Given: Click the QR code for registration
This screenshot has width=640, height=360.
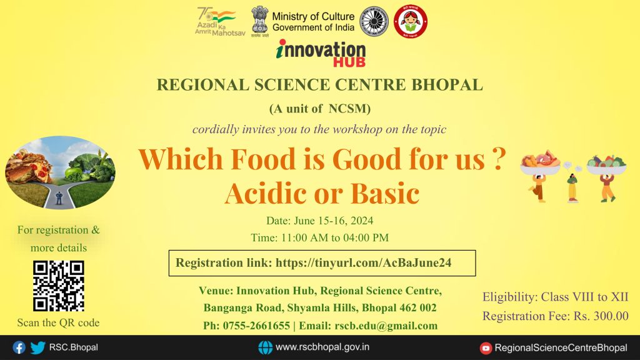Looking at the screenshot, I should [x=58, y=285].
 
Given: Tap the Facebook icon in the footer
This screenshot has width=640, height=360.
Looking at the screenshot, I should [x=19, y=347].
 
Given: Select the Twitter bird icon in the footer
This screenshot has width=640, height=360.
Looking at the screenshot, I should [x=37, y=347].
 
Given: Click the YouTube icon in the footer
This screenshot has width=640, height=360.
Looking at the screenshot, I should [x=486, y=347].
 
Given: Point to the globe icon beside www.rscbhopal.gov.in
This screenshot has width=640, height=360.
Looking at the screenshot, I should [x=265, y=347].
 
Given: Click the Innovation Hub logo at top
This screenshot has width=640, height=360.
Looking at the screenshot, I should [x=321, y=53].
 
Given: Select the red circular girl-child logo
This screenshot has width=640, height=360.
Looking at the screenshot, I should [x=411, y=21].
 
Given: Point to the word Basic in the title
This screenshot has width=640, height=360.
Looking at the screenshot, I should [x=384, y=194].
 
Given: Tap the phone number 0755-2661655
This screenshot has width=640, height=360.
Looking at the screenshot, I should [x=255, y=326].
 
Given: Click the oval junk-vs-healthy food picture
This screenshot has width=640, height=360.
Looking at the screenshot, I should [x=60, y=172].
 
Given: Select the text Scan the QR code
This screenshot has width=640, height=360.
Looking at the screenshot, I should [x=58, y=323].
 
